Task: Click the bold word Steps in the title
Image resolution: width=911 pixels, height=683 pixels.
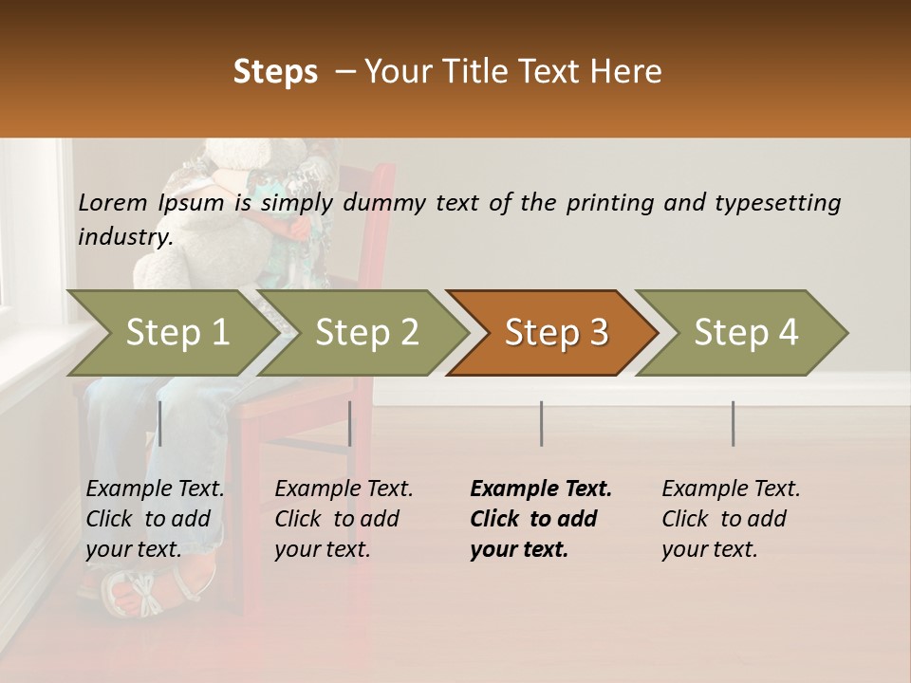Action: [275, 71]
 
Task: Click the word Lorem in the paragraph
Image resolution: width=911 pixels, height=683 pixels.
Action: [113, 202]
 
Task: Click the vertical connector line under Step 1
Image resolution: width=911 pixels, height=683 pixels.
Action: [159, 423]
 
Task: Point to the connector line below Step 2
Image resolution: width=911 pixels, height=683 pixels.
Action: [350, 423]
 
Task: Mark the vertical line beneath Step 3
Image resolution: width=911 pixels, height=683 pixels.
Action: [541, 423]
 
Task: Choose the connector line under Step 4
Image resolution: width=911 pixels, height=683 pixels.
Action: [733, 423]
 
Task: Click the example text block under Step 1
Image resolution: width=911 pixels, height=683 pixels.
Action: [155, 519]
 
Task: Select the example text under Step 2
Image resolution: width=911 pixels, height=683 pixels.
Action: [344, 519]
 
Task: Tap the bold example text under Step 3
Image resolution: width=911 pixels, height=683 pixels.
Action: [541, 519]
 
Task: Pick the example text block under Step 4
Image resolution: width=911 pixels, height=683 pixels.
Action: [731, 519]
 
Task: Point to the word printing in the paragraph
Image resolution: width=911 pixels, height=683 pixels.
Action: [607, 202]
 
